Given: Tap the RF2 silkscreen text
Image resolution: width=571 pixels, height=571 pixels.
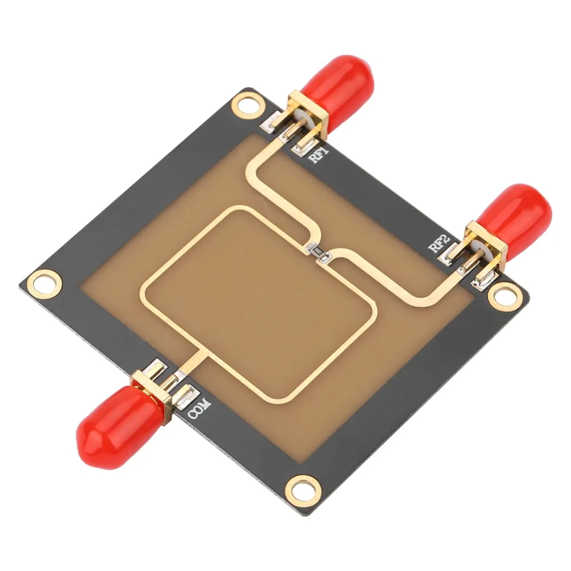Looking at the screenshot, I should [x=436, y=245].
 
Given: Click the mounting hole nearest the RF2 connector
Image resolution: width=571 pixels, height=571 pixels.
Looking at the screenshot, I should [x=505, y=295].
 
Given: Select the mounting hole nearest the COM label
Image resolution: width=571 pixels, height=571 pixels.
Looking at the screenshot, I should [x=301, y=487].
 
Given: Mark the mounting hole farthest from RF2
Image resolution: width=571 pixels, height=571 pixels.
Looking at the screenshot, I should [x=43, y=282].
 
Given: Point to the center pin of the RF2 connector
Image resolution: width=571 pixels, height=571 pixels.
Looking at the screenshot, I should [x=467, y=262].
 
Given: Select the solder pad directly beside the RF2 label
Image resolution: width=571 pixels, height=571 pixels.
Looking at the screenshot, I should [x=449, y=254].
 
